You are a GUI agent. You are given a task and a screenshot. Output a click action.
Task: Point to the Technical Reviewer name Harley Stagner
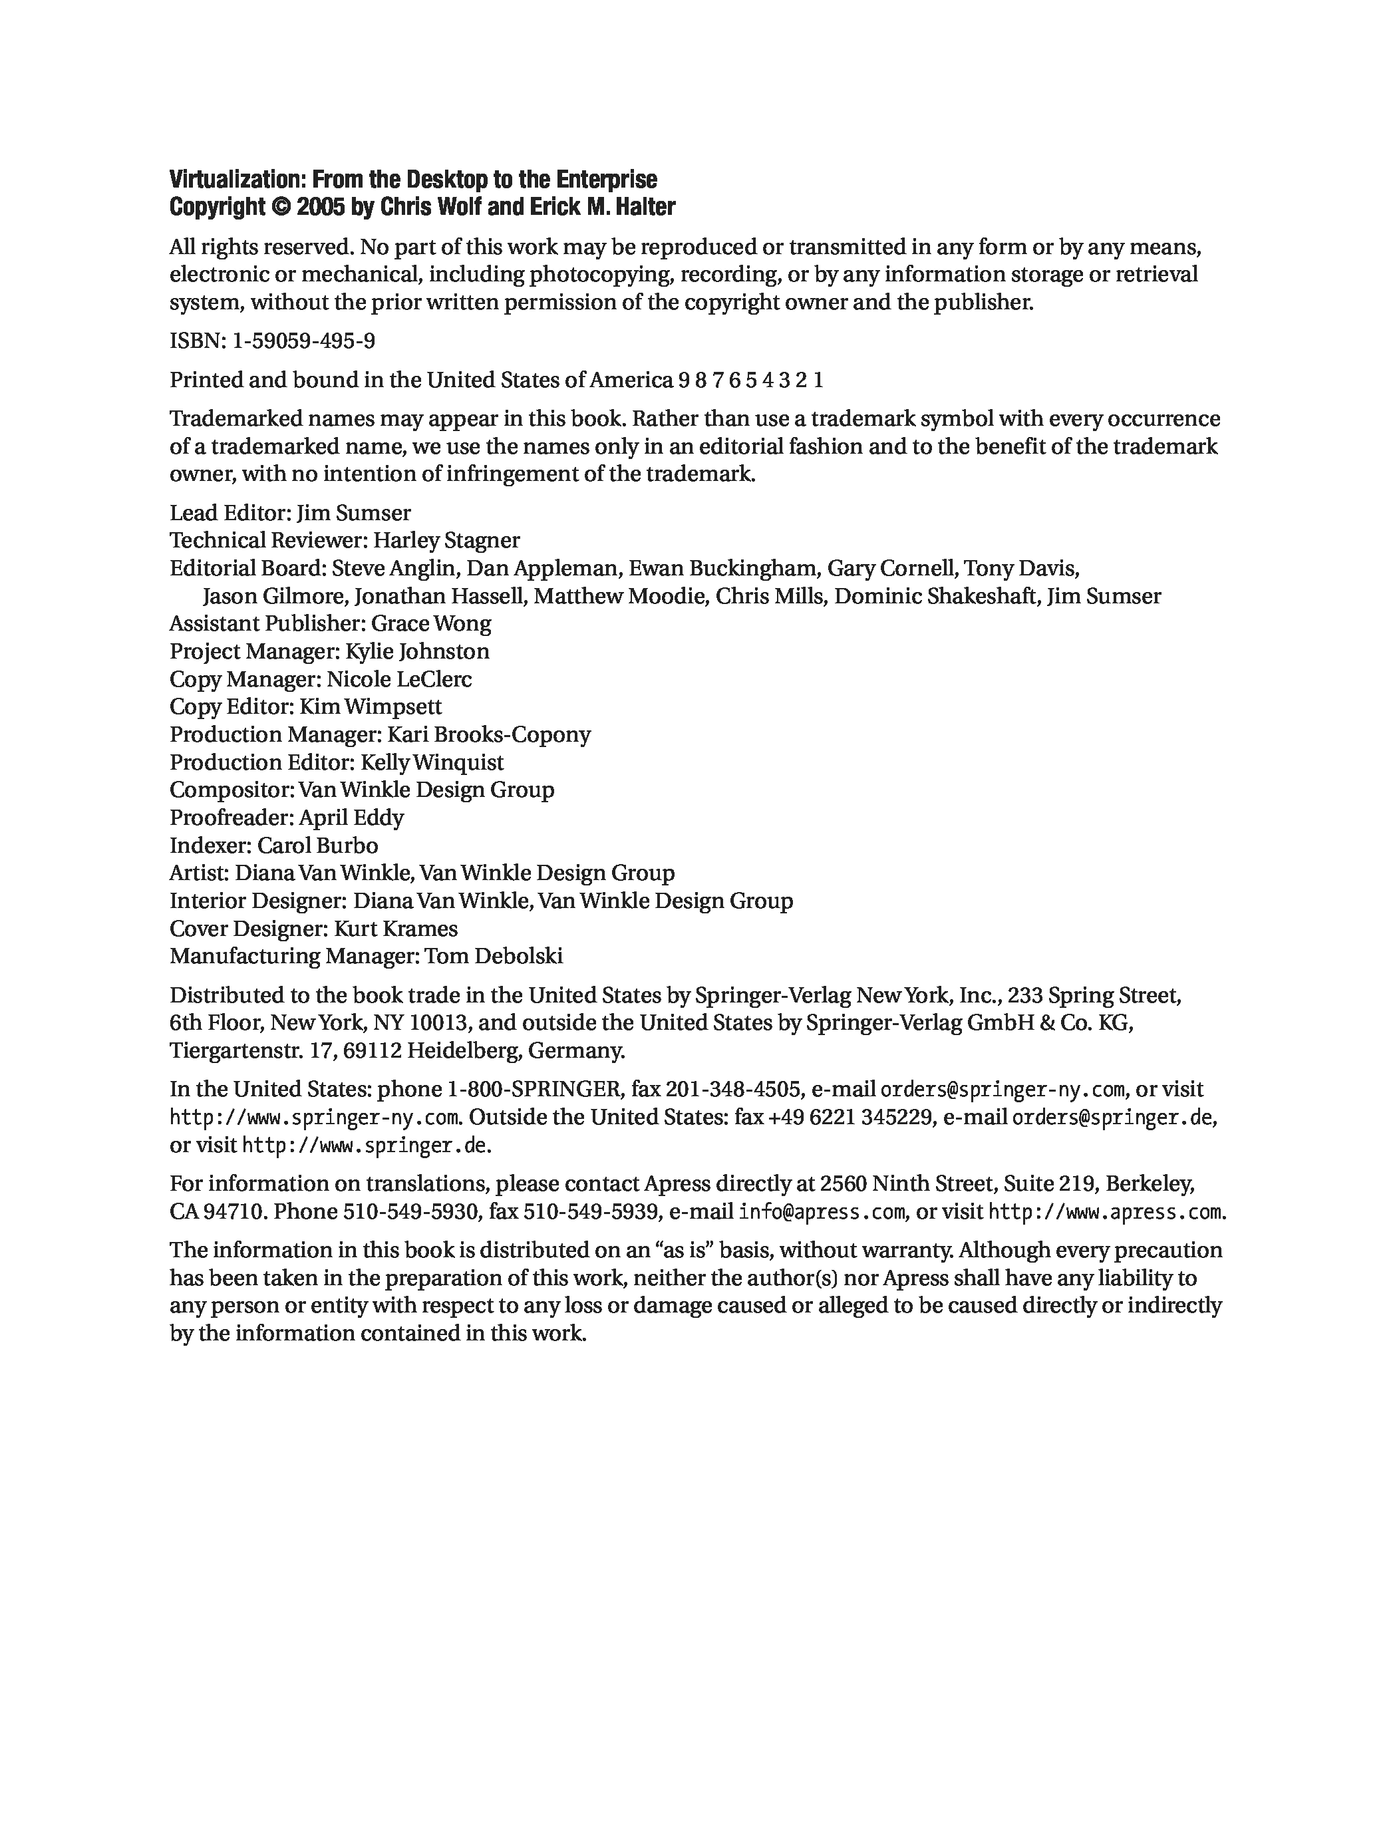click(446, 541)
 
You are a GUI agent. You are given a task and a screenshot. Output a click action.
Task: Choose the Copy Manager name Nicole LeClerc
click(399, 679)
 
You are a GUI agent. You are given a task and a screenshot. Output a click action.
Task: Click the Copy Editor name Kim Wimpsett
click(371, 707)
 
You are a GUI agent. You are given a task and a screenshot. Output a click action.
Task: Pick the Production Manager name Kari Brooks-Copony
click(489, 734)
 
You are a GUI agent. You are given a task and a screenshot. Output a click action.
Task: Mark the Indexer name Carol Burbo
click(317, 846)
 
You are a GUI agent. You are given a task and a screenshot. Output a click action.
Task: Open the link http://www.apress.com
click(1106, 1212)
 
